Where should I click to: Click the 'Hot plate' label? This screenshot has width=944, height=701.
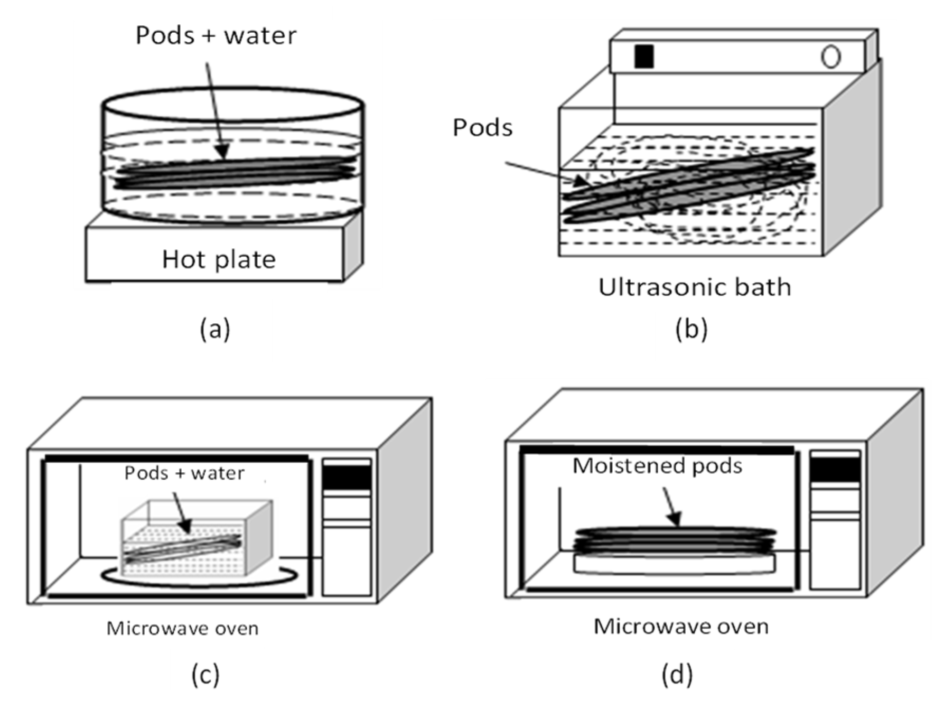219,260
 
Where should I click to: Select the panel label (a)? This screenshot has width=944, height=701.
215,329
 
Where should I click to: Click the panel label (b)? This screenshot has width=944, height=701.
691,329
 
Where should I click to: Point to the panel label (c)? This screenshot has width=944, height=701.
205,675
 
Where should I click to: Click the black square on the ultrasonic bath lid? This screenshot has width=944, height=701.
644,57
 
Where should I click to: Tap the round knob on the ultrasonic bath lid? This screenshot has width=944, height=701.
830,57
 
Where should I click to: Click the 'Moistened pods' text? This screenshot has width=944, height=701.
657,466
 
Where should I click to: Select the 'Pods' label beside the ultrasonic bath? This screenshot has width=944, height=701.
482,128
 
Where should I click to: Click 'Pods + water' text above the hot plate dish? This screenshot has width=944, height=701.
216,36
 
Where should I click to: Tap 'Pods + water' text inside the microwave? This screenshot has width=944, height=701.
184,473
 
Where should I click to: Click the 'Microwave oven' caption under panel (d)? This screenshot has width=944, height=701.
681,627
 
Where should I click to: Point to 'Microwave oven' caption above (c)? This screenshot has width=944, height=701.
182,629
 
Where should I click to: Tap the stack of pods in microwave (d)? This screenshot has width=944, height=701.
675,540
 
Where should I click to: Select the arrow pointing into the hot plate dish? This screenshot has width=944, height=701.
216,111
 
